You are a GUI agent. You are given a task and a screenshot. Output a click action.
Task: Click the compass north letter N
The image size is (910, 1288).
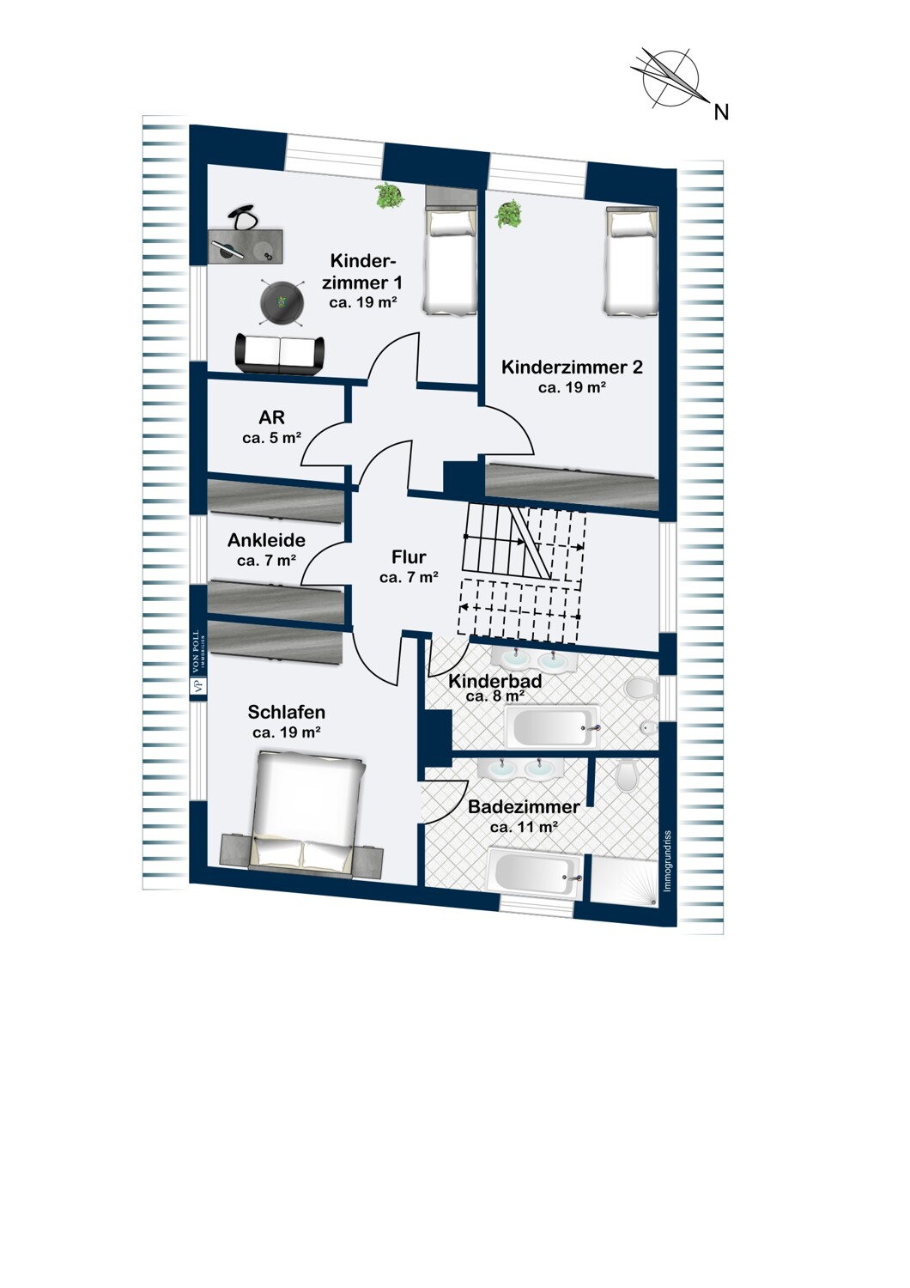pos(721,112)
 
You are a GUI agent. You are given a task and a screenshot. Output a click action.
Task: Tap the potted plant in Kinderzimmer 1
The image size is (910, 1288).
pos(389,196)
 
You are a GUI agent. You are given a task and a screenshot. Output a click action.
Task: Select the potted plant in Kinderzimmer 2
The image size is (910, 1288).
pos(509,214)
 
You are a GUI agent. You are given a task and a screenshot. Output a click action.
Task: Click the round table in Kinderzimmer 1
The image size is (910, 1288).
pos(281,302)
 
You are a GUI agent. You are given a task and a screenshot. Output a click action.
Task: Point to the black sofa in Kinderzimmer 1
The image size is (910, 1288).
pos(279,354)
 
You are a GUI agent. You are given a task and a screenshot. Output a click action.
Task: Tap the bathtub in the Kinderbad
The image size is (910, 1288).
pos(552,727)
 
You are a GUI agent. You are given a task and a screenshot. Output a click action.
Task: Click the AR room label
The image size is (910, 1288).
pos(271,416)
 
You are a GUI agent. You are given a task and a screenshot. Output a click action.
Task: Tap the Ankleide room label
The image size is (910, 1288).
pos(266,540)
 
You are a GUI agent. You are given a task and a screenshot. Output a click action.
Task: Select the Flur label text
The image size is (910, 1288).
pos(409,557)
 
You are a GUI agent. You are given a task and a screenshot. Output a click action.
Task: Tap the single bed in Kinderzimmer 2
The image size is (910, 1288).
pos(631,262)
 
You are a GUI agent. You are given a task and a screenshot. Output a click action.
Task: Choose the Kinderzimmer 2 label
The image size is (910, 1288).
pos(572,367)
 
